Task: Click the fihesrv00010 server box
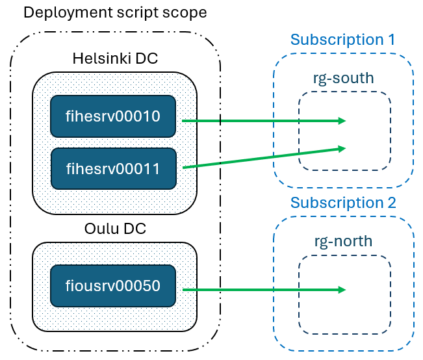point(113,116)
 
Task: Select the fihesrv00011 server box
point(113,169)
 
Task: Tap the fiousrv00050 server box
point(113,286)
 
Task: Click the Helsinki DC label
point(115,58)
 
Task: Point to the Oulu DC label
point(115,229)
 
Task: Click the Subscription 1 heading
point(342,40)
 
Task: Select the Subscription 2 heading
point(343,203)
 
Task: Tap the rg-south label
point(344,79)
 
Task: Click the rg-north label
point(344,241)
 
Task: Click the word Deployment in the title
point(68,13)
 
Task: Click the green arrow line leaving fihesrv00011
point(264,158)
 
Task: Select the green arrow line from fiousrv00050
point(264,290)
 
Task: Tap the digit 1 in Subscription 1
point(391,40)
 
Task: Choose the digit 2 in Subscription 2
point(392,203)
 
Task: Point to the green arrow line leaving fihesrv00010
point(264,121)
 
